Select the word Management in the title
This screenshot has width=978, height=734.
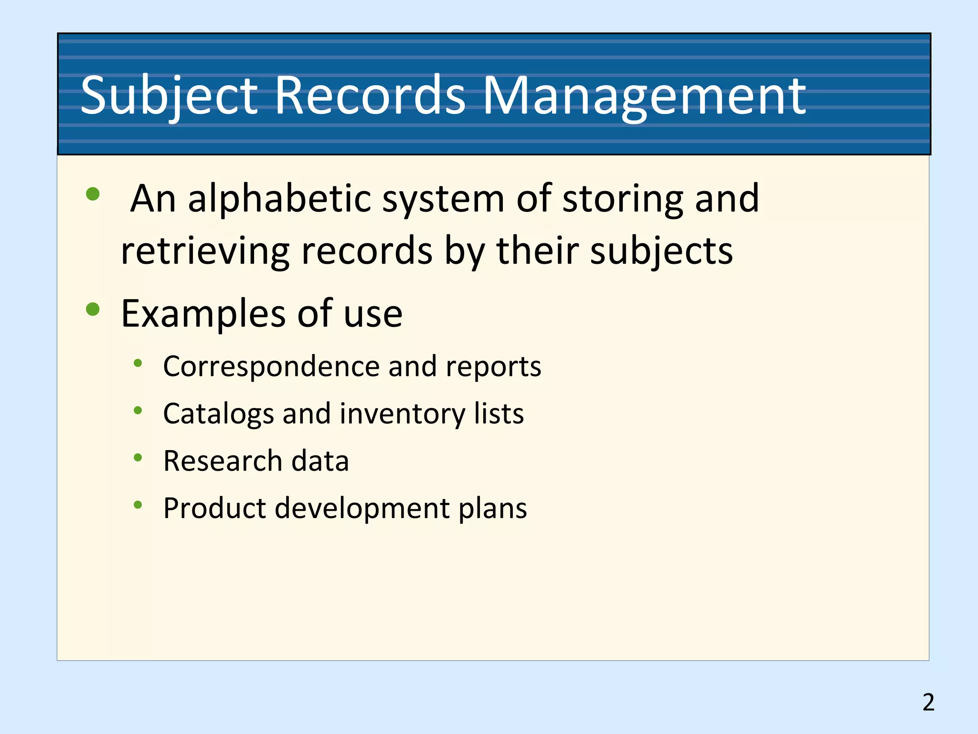[644, 96]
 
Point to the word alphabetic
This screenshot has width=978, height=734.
[279, 198]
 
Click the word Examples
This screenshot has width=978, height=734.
[203, 314]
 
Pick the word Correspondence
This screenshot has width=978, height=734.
[271, 367]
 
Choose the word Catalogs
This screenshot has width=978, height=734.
[218, 413]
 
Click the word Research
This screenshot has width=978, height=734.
[223, 461]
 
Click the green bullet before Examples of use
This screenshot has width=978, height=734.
[93, 309]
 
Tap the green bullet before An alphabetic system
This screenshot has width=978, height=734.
[93, 194]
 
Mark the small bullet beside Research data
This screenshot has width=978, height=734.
[138, 458]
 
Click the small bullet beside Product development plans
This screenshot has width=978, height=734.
[138, 505]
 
